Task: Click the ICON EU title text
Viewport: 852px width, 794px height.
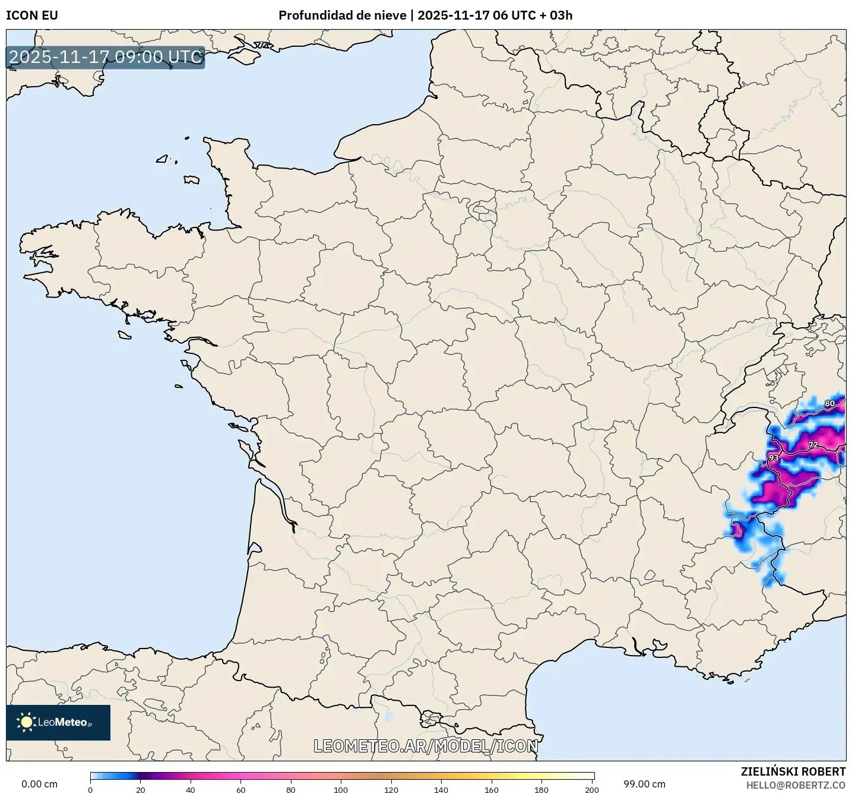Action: pyautogui.click(x=32, y=15)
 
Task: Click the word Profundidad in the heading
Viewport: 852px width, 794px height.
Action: pyautogui.click(x=312, y=15)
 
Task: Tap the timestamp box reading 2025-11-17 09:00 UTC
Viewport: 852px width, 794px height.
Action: pyautogui.click(x=106, y=57)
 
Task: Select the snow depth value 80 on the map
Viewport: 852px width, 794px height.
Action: pyautogui.click(x=829, y=404)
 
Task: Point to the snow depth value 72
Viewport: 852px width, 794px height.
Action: pyautogui.click(x=813, y=445)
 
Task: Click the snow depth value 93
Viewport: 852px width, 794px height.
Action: pyautogui.click(x=773, y=458)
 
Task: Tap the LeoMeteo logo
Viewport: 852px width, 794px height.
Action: pyautogui.click(x=58, y=722)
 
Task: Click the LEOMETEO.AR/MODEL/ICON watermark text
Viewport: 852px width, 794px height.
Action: pyautogui.click(x=426, y=746)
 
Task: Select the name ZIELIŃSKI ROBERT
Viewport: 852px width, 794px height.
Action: pyautogui.click(x=793, y=771)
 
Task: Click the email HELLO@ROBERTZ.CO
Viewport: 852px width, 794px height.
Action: pyautogui.click(x=796, y=785)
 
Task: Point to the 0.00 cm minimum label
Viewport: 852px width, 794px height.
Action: pyautogui.click(x=39, y=784)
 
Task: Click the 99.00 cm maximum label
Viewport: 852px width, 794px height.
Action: pyautogui.click(x=644, y=784)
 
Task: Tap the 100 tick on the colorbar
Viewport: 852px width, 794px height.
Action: pyautogui.click(x=341, y=790)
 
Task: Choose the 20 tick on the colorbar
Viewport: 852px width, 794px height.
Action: pyautogui.click(x=141, y=790)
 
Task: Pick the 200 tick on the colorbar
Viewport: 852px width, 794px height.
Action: pyautogui.click(x=591, y=790)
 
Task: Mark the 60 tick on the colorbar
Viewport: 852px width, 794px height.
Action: pyautogui.click(x=240, y=790)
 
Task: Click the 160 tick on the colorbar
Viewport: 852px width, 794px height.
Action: pyautogui.click(x=491, y=790)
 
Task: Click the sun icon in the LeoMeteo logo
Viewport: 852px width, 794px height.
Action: pyautogui.click(x=26, y=722)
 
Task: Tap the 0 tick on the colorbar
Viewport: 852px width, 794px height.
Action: pyautogui.click(x=90, y=790)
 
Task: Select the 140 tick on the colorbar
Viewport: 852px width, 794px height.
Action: pyautogui.click(x=441, y=790)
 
